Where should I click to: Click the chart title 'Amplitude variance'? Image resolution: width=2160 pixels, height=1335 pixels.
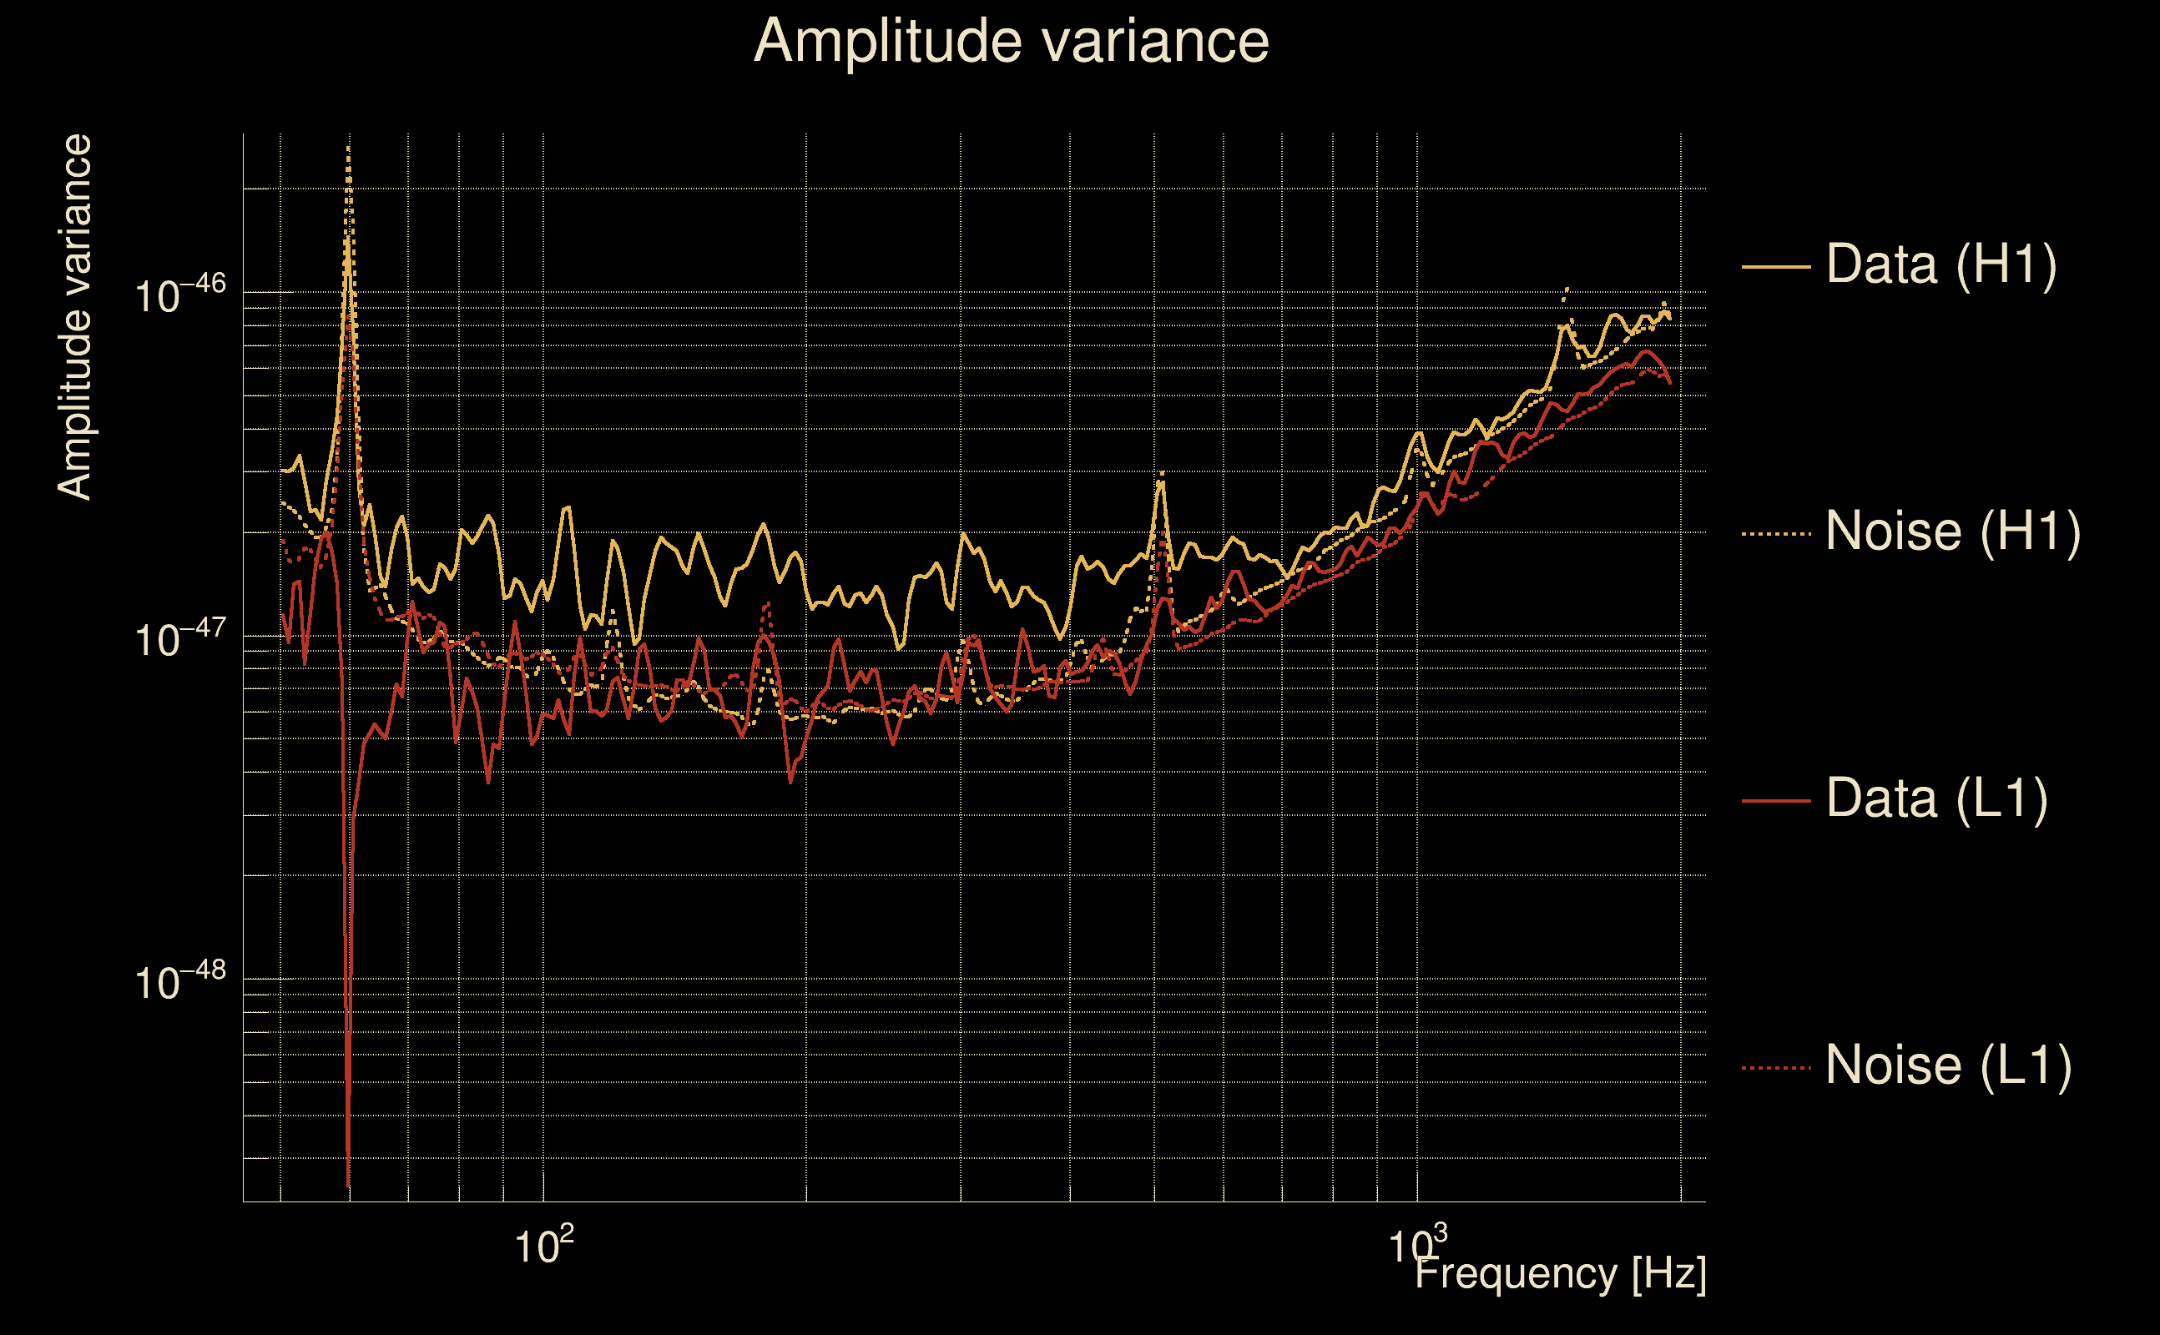tap(1011, 42)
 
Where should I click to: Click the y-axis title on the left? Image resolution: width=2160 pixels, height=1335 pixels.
tap(74, 317)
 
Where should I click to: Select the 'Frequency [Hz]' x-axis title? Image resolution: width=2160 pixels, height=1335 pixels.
tap(1561, 1273)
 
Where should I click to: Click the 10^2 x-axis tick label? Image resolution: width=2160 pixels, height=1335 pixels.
tap(543, 1246)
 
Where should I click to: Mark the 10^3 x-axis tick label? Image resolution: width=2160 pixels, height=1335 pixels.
tap(1417, 1246)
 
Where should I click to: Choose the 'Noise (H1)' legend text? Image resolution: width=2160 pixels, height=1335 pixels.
tap(1952, 531)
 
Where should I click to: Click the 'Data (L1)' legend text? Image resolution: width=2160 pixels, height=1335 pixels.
tap(1936, 799)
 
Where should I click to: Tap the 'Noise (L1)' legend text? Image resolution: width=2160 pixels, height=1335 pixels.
tap(1948, 1065)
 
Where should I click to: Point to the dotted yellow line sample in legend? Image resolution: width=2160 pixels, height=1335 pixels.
tap(1776, 533)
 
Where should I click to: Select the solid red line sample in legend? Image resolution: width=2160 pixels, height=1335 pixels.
tap(1776, 801)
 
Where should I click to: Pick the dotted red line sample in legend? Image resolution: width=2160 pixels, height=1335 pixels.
tap(1776, 1068)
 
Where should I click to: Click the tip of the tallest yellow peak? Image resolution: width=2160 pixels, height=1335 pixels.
tap(349, 149)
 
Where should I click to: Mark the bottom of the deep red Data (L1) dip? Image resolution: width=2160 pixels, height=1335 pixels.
tap(349, 1183)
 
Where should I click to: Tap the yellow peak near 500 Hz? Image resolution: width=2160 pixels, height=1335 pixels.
tap(1162, 475)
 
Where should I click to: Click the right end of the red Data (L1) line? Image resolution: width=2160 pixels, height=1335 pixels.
tap(1670, 382)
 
